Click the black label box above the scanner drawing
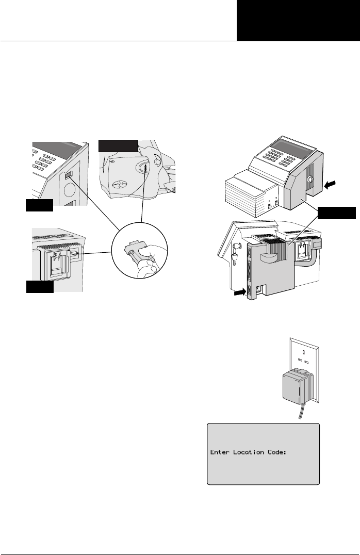tap(118, 145)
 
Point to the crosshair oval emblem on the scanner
tap(119, 184)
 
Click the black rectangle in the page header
tap(298, 20)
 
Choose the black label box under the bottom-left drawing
tap(39, 287)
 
